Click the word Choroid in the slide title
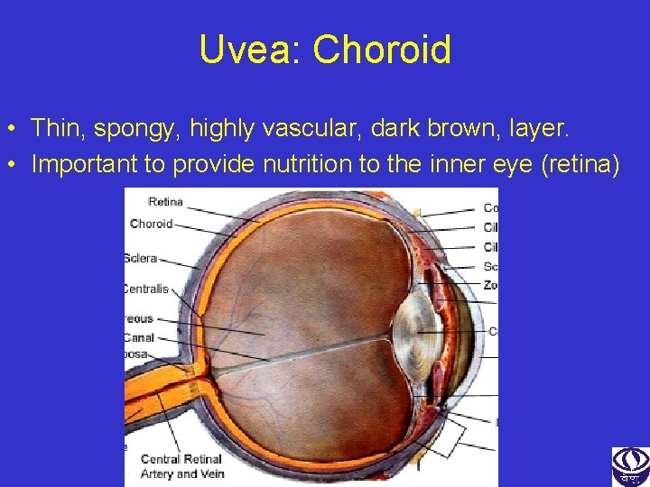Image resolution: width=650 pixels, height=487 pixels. pos(382,50)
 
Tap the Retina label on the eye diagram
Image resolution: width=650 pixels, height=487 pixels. pos(165,202)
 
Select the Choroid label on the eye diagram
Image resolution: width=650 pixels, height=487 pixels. pos(151,224)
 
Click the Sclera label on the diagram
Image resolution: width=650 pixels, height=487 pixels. pos(140,258)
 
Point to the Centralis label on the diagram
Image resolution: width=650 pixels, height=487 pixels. pos(145,289)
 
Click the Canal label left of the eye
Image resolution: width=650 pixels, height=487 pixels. pos(139,337)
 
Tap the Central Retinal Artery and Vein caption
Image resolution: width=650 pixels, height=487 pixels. pos(182,466)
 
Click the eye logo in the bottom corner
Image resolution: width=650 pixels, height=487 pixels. pos(630,466)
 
